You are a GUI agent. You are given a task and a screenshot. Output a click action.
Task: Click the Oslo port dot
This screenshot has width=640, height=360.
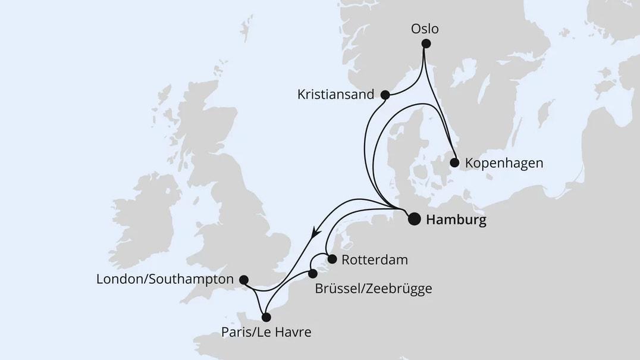[x=425, y=43]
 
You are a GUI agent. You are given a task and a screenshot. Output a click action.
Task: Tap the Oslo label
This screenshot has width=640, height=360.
[x=425, y=28]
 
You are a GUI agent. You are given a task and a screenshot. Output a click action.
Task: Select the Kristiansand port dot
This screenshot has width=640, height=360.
[x=385, y=95]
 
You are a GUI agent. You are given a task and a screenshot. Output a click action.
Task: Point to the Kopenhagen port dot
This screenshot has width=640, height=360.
[x=454, y=162]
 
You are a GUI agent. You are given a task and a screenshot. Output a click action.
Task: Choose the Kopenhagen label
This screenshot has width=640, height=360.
[x=504, y=162]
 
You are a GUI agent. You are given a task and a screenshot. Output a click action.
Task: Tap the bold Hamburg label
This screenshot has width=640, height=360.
[x=457, y=220]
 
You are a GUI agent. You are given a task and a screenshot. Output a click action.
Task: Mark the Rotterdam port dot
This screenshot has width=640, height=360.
[x=332, y=259]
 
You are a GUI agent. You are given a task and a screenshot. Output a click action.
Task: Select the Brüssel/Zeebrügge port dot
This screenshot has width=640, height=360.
[x=313, y=274]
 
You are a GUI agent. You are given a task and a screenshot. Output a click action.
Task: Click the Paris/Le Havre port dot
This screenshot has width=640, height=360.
[x=266, y=317]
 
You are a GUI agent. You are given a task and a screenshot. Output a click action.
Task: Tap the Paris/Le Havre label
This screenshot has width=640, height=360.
[x=266, y=333]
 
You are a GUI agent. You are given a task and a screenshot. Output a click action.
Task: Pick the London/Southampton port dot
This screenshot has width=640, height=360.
[x=243, y=279]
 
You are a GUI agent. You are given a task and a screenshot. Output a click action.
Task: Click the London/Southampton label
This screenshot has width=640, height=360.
[x=165, y=279]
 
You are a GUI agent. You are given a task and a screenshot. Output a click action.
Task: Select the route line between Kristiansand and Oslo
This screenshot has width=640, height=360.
[x=410, y=84]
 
